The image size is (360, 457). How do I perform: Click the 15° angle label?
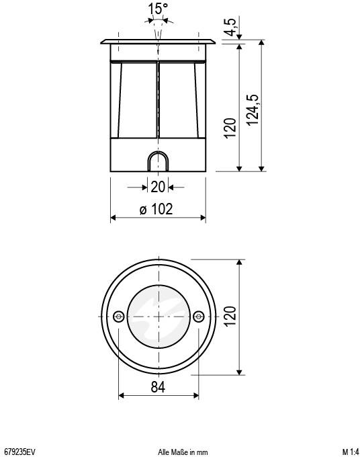(x=159, y=9)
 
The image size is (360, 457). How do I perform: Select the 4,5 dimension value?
(x=230, y=29)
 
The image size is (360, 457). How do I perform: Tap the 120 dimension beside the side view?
(x=230, y=128)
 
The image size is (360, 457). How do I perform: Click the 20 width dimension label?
(x=158, y=187)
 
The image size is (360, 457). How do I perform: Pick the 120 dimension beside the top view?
(x=230, y=316)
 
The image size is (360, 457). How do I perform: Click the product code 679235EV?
(x=19, y=452)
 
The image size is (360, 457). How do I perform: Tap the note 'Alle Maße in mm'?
(x=183, y=452)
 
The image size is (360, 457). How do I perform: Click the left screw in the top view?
(x=118, y=317)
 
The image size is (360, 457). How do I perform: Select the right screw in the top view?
(x=198, y=317)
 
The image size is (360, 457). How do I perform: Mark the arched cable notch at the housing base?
(x=158, y=162)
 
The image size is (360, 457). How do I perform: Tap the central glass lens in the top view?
(x=158, y=317)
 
